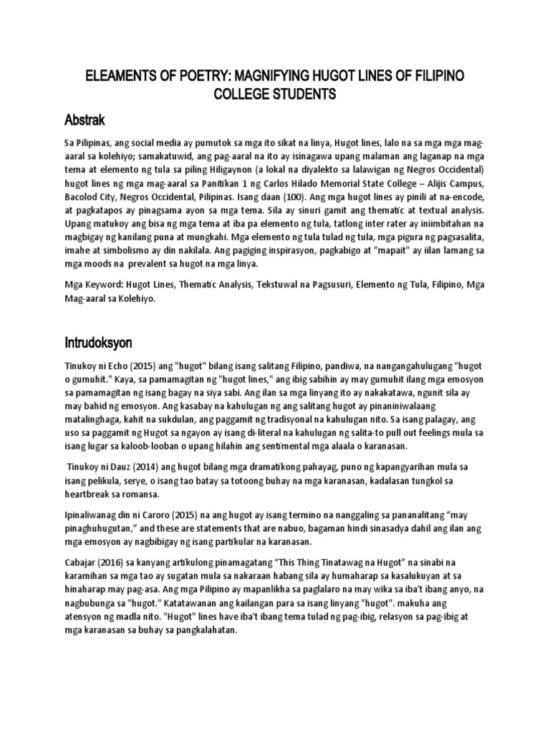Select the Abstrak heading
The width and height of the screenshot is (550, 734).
tap(88, 118)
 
